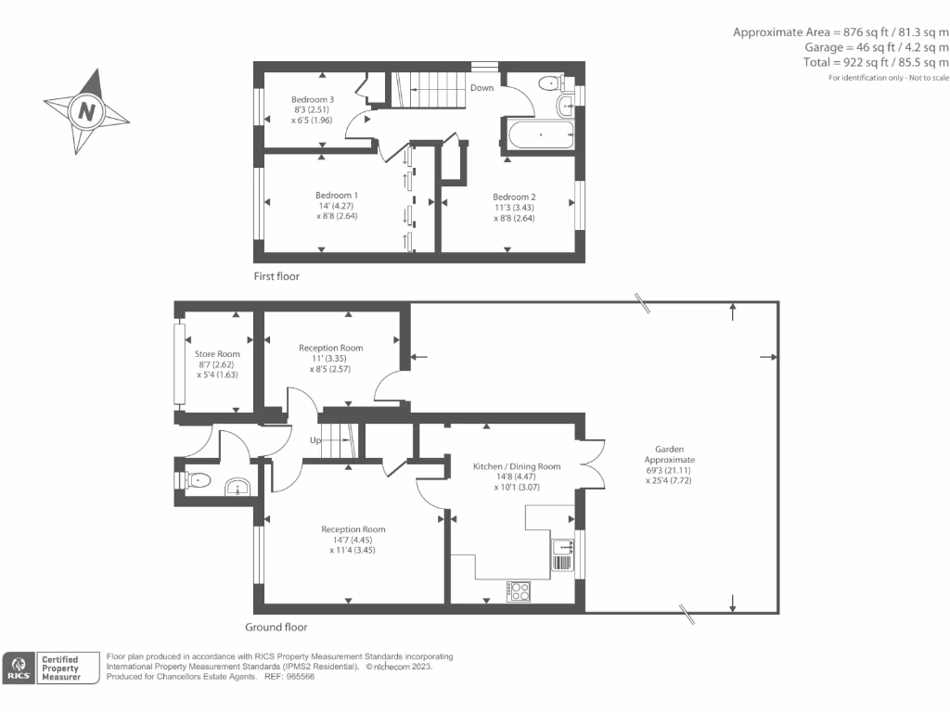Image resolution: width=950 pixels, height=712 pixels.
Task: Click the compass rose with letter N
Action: [x=86, y=111]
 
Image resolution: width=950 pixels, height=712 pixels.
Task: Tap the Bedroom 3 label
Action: [x=312, y=100]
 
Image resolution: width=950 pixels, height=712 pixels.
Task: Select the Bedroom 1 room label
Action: [x=336, y=195]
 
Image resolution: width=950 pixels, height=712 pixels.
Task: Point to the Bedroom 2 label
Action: [x=514, y=197]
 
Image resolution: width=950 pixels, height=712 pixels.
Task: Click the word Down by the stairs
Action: [x=481, y=88]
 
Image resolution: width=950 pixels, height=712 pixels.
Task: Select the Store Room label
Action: [x=217, y=354]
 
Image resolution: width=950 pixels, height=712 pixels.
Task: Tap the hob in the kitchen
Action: [x=519, y=590]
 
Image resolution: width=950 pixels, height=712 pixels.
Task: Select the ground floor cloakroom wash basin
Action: [x=239, y=488]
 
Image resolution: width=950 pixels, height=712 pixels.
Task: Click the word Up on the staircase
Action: [x=315, y=440]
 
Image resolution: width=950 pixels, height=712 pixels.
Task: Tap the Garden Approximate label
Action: [x=669, y=459]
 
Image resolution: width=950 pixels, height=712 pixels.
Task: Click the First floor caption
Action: [x=276, y=276]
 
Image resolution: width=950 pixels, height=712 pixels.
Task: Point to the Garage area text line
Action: [x=877, y=47]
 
